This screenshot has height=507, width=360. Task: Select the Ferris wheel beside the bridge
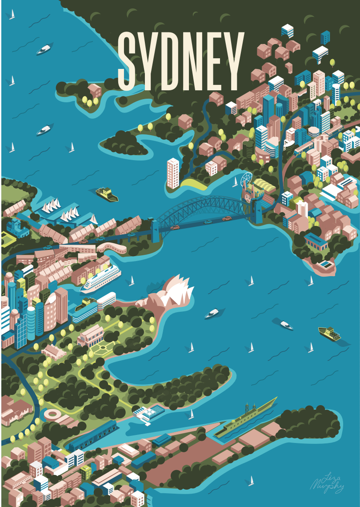tap(245, 181)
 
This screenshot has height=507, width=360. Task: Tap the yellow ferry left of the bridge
tap(107, 194)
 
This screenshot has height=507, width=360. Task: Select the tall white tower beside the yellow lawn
tap(172, 173)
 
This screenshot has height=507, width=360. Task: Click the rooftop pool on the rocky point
tap(326, 265)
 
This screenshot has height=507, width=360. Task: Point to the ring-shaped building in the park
tap(52, 415)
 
